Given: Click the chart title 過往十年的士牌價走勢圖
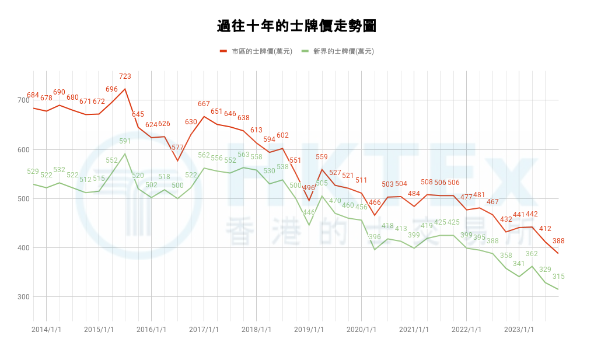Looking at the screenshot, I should click(296, 26).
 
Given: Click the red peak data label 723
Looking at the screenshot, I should click(125, 76).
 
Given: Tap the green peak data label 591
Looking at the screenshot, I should click(125, 141).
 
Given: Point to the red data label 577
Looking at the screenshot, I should click(177, 148).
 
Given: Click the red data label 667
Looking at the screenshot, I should click(204, 104).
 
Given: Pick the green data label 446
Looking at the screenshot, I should click(309, 212).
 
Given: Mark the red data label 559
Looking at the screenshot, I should click(322, 157).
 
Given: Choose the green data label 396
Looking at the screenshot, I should click(375, 237).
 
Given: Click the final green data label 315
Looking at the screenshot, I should click(558, 277).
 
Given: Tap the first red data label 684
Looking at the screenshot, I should click(33, 95).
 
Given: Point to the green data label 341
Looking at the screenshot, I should click(519, 264).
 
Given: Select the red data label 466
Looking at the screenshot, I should click(375, 202).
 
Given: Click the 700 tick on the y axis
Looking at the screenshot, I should click(23, 100).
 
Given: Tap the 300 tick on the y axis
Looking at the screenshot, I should click(23, 297).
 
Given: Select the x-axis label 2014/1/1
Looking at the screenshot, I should click(46, 329).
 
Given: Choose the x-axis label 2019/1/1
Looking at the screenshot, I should click(309, 329).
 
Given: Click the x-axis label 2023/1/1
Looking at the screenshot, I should click(519, 329).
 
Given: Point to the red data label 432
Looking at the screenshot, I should click(506, 219).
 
